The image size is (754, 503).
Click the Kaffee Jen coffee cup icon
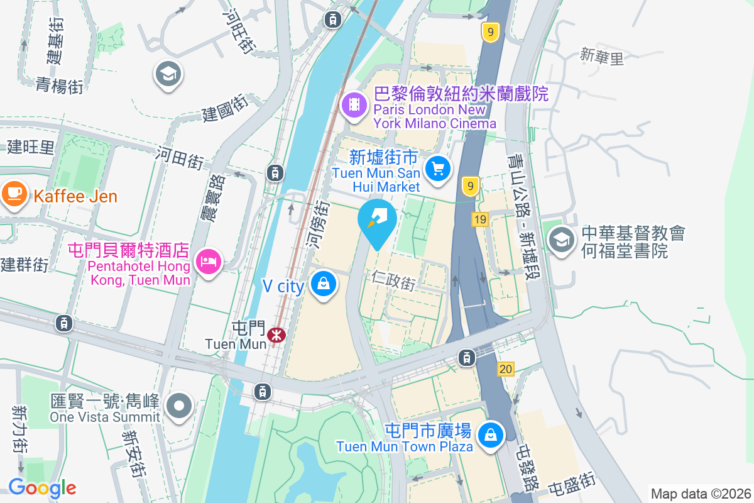[14, 192]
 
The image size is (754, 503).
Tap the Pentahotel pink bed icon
[207, 260]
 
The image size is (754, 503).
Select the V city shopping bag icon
[324, 284]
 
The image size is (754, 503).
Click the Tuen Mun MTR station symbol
[276, 334]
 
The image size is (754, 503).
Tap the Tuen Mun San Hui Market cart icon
[438, 169]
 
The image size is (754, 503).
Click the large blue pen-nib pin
[377, 221]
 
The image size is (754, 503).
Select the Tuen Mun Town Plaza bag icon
[491, 434]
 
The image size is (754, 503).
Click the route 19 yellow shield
[480, 219]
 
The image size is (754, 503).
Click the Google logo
[42, 487]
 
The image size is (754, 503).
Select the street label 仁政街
[393, 280]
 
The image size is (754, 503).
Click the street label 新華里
[602, 57]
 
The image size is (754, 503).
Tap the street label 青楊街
[59, 86]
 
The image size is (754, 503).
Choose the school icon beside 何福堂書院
[561, 240]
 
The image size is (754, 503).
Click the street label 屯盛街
[571, 485]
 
